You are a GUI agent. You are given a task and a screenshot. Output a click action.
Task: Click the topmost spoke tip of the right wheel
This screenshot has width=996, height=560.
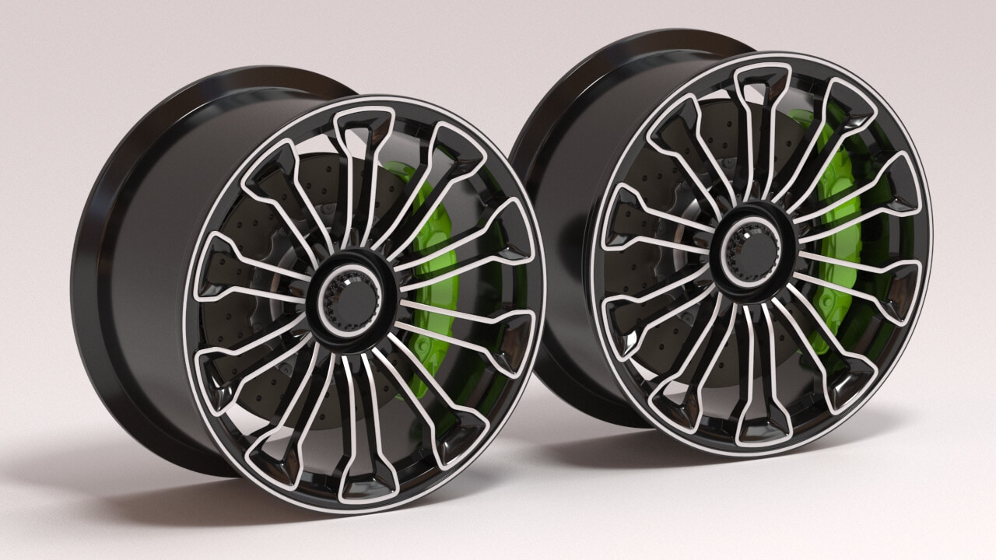[x=763, y=78]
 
